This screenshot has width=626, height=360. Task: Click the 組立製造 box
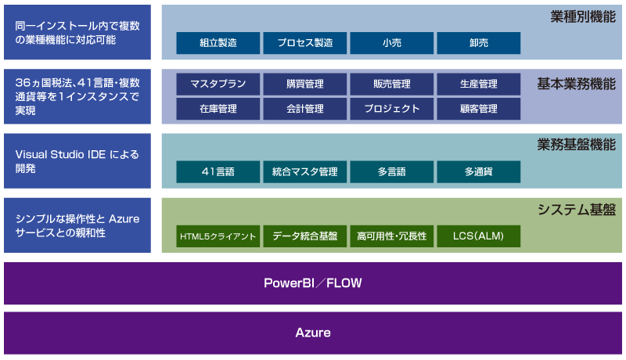pos(218,43)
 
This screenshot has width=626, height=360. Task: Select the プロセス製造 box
pos(305,43)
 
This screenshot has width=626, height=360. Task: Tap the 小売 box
pos(392,43)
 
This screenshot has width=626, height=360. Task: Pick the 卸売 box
pos(479,43)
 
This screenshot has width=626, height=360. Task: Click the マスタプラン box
pos(218,84)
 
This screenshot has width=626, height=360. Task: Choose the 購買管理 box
pos(305,84)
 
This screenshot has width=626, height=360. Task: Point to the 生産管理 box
pos(479,84)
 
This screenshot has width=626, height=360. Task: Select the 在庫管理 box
pos(218,109)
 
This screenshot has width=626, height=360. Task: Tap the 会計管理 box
pos(305,109)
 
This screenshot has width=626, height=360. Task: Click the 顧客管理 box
pos(479,109)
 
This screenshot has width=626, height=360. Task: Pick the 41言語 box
pos(218,172)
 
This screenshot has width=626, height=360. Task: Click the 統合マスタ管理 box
pos(305,172)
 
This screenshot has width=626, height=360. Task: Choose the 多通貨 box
pos(479,172)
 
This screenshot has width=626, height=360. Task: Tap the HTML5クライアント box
pos(218,236)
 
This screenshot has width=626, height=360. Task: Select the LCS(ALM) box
pos(479,236)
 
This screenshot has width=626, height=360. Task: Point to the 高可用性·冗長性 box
pos(392,236)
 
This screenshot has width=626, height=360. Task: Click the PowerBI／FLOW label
pos(313,283)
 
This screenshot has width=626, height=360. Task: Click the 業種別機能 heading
pos(583,16)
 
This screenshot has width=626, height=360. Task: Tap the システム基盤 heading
pos(577,210)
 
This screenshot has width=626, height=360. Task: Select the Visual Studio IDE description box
pos(77,161)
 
